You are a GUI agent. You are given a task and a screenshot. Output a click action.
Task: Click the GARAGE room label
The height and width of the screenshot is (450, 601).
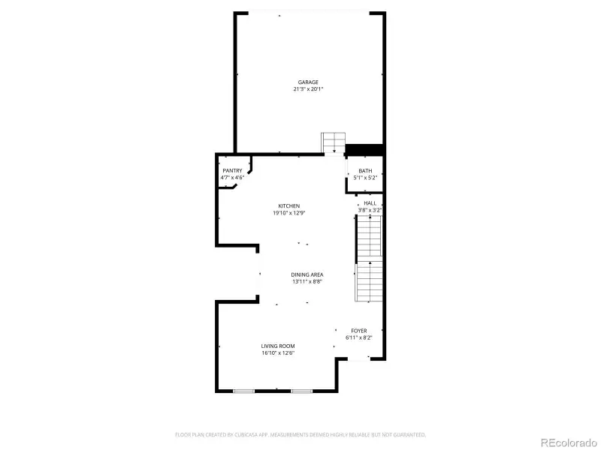pyautogui.click(x=308, y=82)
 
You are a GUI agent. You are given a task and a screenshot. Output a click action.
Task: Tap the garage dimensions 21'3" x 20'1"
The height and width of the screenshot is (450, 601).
pyautogui.click(x=308, y=89)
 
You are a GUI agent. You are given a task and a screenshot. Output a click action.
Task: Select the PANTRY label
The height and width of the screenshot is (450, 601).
pyautogui.click(x=232, y=171)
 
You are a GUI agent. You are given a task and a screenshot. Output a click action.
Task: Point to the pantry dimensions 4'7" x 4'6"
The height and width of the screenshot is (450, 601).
pyautogui.click(x=232, y=178)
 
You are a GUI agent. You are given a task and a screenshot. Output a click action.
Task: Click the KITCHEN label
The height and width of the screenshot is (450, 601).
pyautogui.click(x=289, y=206)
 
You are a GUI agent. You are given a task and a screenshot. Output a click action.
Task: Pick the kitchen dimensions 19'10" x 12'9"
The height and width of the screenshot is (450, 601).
pyautogui.click(x=289, y=213)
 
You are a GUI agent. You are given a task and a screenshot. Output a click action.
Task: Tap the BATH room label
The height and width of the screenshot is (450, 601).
pyautogui.click(x=365, y=171)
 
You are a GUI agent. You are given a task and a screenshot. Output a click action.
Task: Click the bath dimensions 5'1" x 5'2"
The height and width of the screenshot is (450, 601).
pyautogui.click(x=365, y=178)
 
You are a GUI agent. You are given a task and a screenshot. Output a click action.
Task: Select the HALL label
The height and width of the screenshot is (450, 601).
pyautogui.click(x=370, y=203)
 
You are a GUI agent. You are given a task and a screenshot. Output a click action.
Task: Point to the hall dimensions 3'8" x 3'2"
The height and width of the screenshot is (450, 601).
pyautogui.click(x=370, y=211)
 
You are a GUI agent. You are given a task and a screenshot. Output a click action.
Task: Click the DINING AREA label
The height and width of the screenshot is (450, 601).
pyautogui.click(x=307, y=275)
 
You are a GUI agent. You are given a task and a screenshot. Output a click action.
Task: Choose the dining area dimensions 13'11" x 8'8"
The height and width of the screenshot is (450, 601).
pyautogui.click(x=307, y=282)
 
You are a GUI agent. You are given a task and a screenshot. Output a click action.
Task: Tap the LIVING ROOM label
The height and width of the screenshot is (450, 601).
pyautogui.click(x=278, y=346)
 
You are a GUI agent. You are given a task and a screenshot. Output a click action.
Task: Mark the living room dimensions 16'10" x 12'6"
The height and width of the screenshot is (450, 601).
pyautogui.click(x=278, y=352)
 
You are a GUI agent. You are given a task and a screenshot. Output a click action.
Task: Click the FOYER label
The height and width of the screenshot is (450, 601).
pyautogui.click(x=359, y=331)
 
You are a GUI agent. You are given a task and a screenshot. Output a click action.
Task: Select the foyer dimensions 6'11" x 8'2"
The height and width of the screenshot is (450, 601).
pyautogui.click(x=359, y=337)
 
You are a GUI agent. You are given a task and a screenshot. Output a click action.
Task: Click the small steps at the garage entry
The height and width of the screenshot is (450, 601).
pyautogui.click(x=333, y=142)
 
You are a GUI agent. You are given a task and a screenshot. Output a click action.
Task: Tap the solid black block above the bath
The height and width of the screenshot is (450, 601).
pyautogui.click(x=364, y=150)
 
